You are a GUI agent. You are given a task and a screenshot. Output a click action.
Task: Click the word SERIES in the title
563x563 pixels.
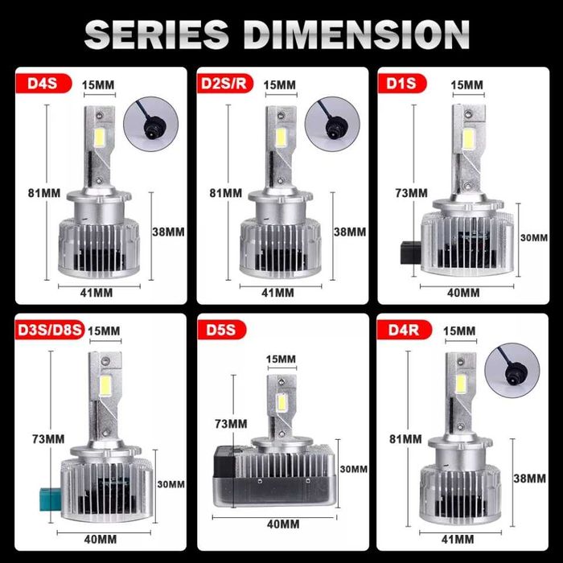(156, 34)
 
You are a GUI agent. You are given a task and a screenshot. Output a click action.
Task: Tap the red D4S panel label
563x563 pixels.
(43, 83)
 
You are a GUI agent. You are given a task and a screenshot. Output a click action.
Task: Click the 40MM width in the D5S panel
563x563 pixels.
(283, 524)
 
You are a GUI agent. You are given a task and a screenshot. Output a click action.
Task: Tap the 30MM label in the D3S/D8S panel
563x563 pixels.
(171, 484)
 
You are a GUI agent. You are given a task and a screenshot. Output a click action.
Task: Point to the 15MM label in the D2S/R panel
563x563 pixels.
(279, 84)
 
